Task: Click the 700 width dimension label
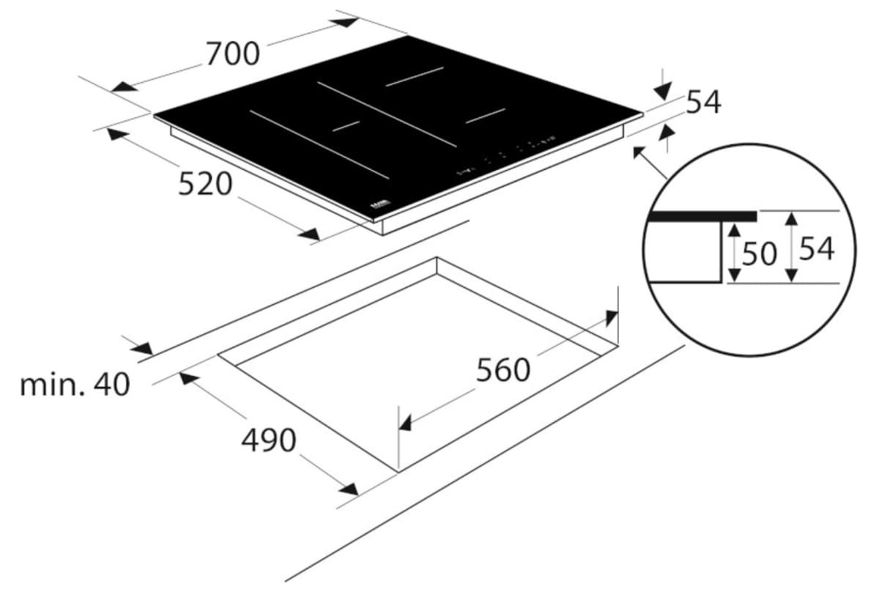coord(232,53)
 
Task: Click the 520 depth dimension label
coord(205,184)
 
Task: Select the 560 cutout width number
coord(502,370)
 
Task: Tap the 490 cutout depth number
coord(269,440)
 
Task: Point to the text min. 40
coord(75,384)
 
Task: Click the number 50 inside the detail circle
coord(759,254)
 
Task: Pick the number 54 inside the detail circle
coord(816,249)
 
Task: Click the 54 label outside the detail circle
coord(703,103)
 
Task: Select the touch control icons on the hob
coord(505,155)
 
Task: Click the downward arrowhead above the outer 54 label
coord(662,90)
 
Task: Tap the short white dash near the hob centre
coord(346,125)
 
